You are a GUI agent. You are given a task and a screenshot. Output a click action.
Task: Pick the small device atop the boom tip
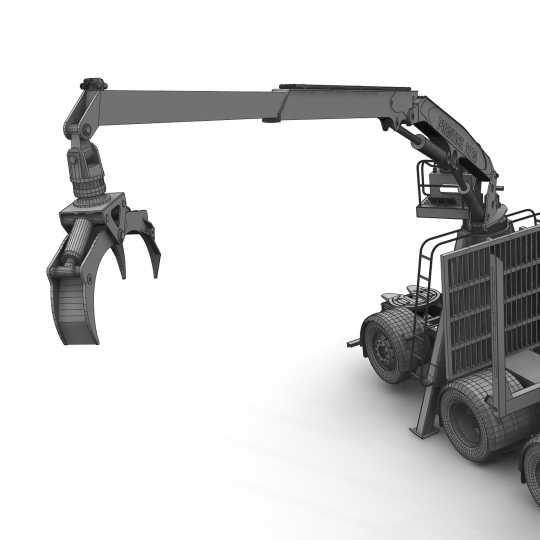[x=94, y=82]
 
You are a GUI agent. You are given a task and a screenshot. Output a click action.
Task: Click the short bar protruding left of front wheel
[x=354, y=342]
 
